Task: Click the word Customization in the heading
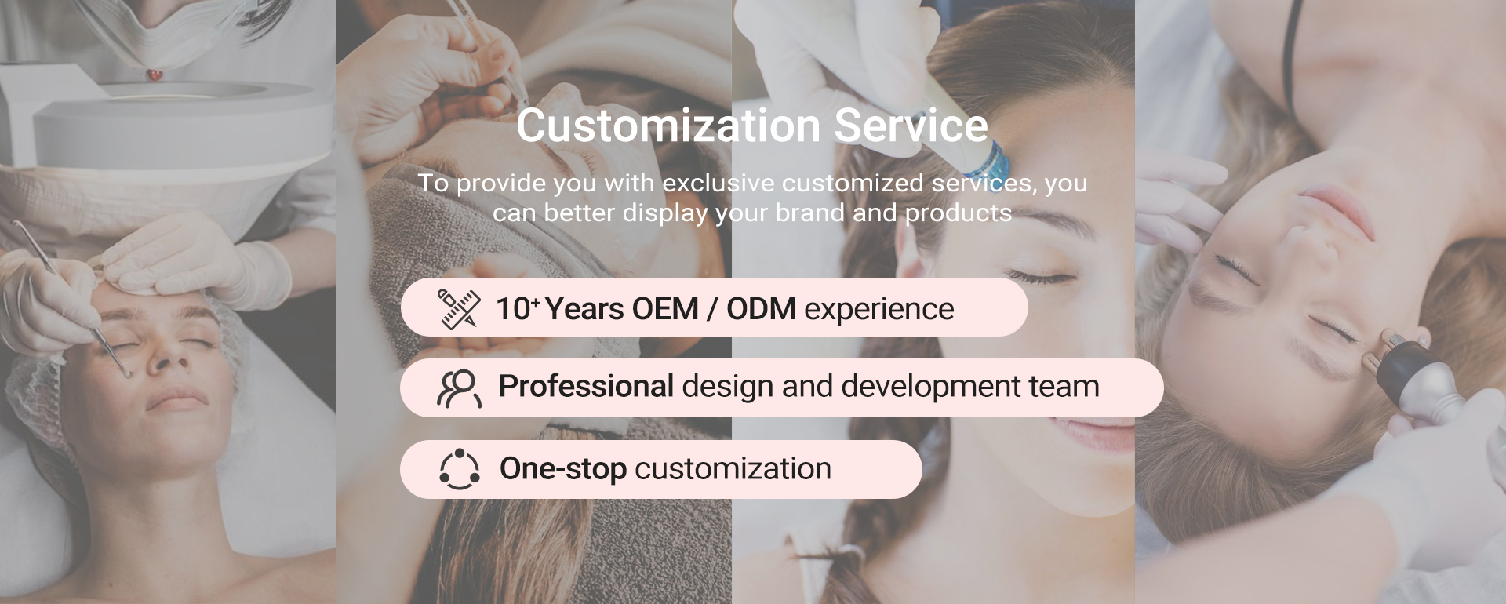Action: tap(667, 126)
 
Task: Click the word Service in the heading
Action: tap(911, 126)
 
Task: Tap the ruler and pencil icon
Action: tap(459, 308)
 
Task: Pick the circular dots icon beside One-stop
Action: tap(459, 469)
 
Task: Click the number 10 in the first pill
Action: tap(513, 309)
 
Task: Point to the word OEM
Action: tap(665, 309)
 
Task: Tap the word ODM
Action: tap(761, 309)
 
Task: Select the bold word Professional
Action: tap(586, 386)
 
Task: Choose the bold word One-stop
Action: tap(563, 469)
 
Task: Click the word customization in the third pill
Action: tap(733, 469)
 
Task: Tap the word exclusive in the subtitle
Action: tap(718, 183)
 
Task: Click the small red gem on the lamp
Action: tap(155, 75)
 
